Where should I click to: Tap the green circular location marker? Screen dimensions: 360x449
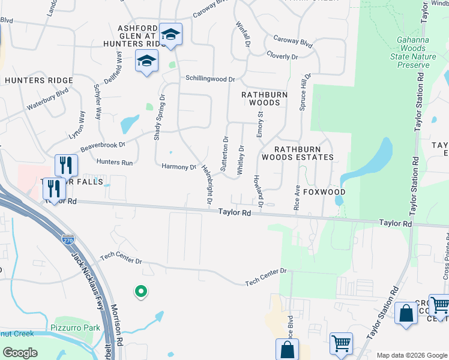click(141, 292)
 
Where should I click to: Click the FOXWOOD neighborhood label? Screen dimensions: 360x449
click(324, 192)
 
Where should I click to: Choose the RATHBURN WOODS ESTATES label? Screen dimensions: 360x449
click(304, 153)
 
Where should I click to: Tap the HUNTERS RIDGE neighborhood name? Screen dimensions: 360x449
click(39, 80)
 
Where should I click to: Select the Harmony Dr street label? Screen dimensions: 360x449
click(179, 167)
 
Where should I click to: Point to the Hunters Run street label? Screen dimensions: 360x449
click(114, 163)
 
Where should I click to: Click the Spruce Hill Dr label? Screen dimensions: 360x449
click(306, 91)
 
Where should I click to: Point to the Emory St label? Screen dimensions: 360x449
click(261, 124)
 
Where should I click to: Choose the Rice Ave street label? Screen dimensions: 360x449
click(297, 197)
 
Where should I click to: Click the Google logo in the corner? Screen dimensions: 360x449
click(20, 353)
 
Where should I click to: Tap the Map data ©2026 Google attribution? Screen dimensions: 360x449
click(412, 355)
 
